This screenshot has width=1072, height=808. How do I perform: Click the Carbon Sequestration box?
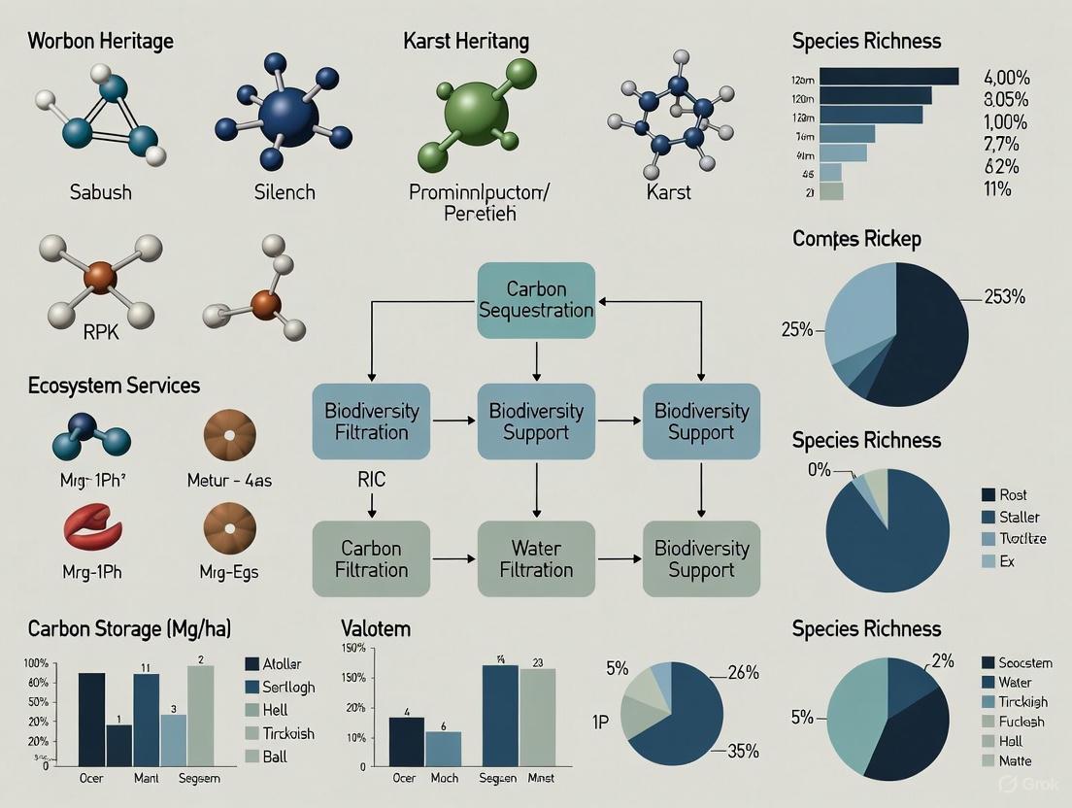click(536, 299)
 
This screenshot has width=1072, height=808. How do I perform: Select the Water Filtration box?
click(536, 558)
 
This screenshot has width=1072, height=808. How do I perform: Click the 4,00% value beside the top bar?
click(1007, 78)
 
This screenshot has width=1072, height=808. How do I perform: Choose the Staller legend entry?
click(1019, 517)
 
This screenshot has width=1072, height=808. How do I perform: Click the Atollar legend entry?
click(288, 664)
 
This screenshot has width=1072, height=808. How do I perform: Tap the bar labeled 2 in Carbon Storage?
click(200, 715)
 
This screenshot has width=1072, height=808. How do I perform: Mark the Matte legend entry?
click(1015, 760)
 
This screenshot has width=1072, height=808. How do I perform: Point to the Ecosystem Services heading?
click(114, 386)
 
